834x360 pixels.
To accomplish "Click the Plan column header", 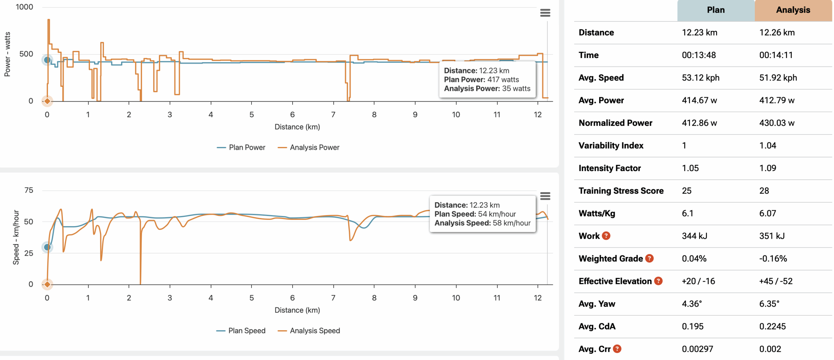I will coord(715,10).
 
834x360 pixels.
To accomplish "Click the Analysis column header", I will coord(793,10).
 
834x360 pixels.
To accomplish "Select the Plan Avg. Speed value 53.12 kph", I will coord(700,78).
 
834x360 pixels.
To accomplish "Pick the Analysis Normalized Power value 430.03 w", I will coord(777,123).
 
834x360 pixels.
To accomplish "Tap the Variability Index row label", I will coord(611,145).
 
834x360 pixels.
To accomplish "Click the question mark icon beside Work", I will coord(606,236).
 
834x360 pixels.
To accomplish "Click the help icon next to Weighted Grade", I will coord(649,258).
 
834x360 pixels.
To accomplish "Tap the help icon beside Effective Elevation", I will coord(658,281).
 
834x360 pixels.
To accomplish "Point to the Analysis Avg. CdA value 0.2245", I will coord(772,326).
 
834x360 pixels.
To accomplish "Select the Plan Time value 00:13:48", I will coord(698,55).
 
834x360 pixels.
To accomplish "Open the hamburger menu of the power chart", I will coord(545,13).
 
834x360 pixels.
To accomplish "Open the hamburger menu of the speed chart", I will coord(545,196).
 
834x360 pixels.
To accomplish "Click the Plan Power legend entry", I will coord(241,148).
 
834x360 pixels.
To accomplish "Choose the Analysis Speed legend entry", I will coord(309,331).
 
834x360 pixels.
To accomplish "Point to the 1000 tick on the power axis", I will coord(24,7).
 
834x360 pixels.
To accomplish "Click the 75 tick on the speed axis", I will coord(29,190).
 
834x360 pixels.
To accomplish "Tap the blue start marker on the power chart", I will coord(47,60).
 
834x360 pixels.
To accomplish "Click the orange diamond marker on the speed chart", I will coord(47,284).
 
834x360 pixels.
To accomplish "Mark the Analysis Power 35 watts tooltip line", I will coord(487,89).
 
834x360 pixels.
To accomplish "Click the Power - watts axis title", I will coord(7,54).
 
